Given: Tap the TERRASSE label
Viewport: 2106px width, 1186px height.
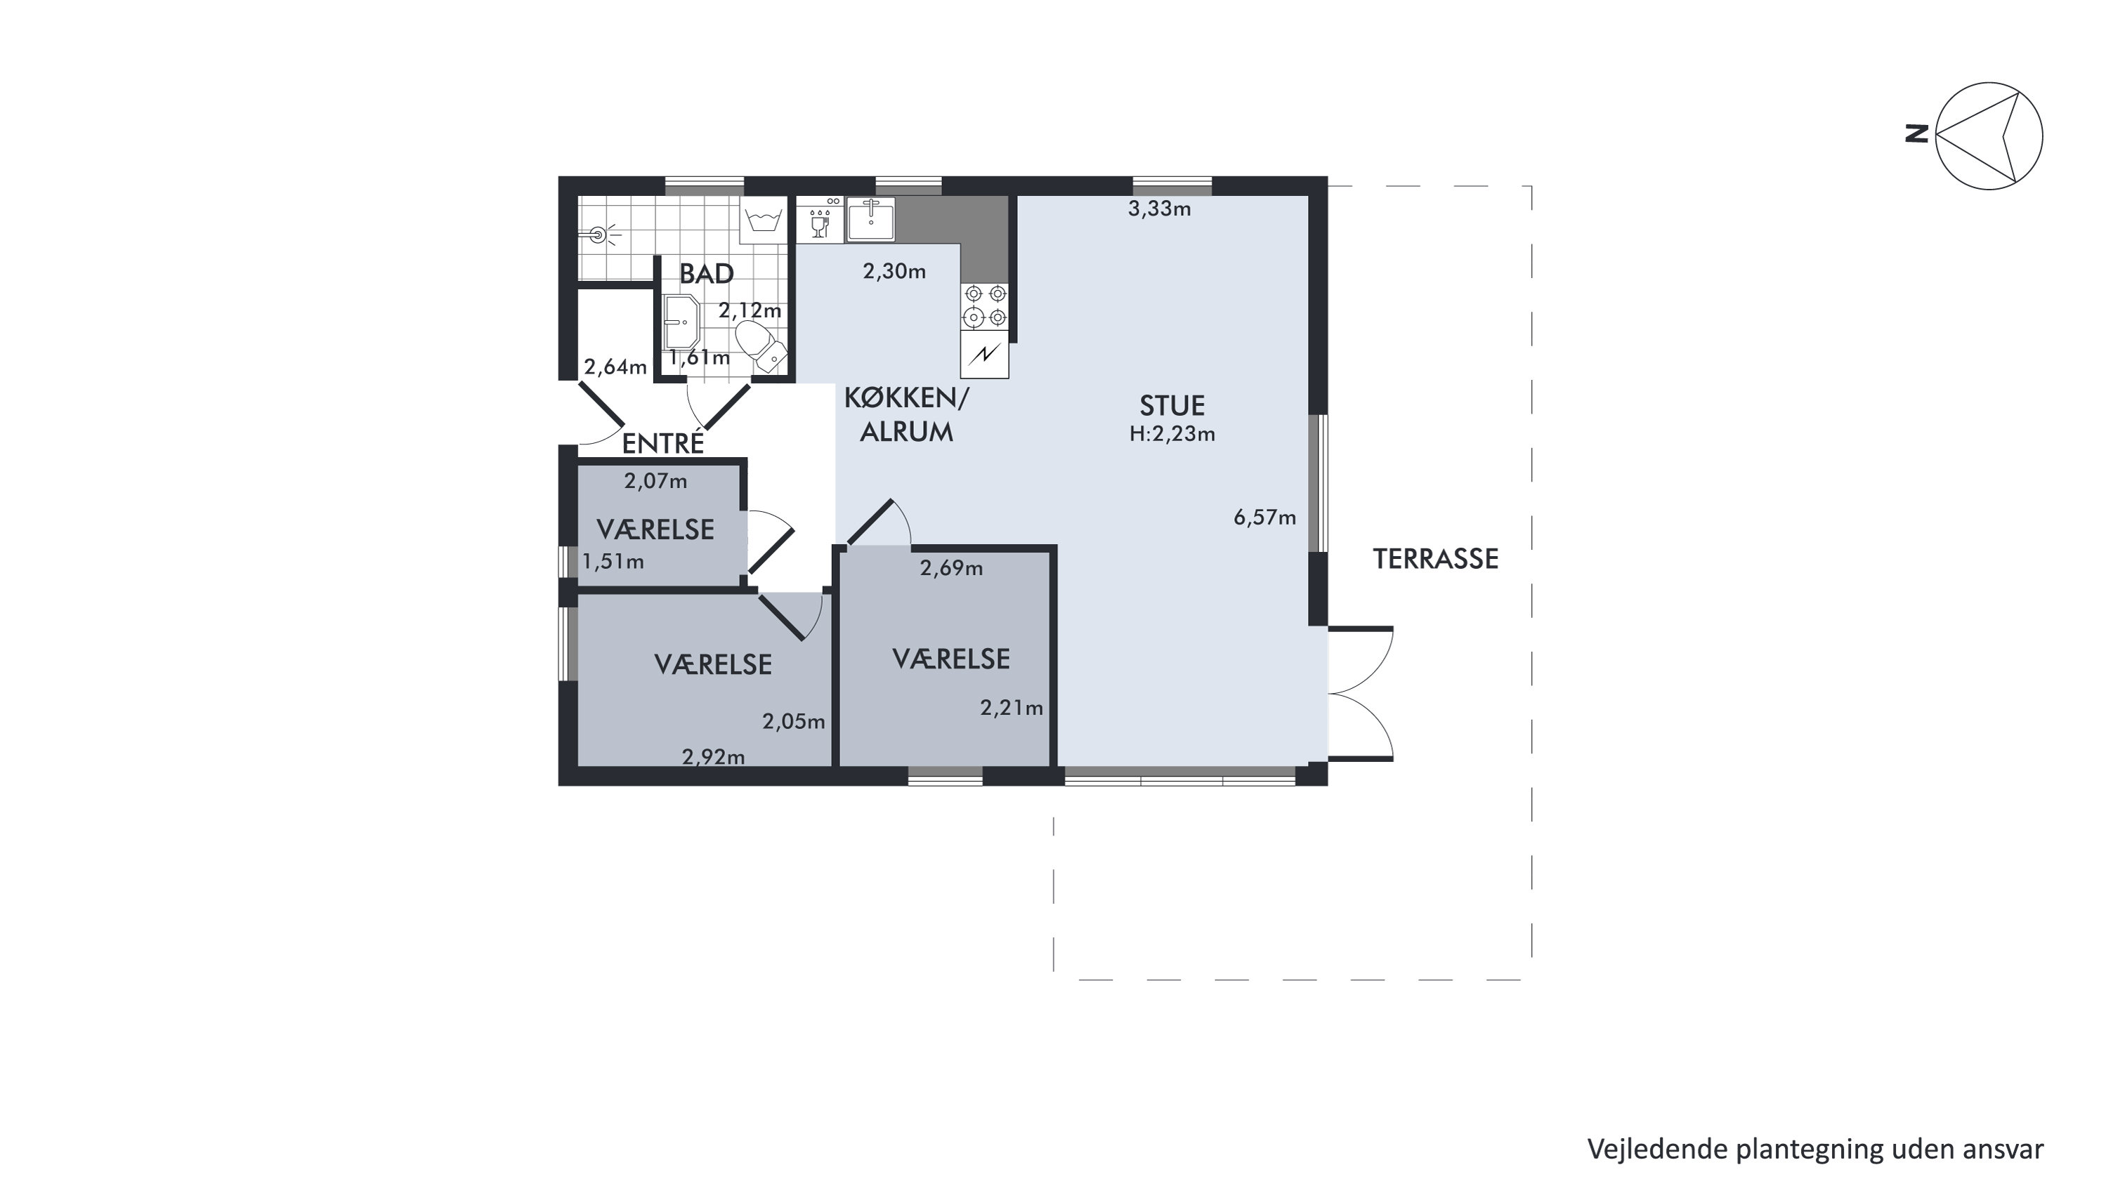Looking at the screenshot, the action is coord(1436,559).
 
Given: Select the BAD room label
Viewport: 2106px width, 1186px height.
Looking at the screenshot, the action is coord(707,274).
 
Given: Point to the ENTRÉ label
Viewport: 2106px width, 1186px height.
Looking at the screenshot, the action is coord(663,442).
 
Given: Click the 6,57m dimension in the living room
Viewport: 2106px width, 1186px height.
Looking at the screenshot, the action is coord(1264,518).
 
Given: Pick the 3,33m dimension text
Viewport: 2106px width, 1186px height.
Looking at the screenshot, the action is coord(1159,209).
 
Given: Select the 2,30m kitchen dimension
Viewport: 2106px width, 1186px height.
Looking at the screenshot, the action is coord(894,271).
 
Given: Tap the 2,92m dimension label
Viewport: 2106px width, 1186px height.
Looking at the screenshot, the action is coord(714,757).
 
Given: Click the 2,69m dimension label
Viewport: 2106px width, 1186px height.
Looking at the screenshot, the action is coord(951,568).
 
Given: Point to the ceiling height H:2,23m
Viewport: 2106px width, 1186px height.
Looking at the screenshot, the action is coord(1172,434).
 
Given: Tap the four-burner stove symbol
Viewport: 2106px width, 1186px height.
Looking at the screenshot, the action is coord(985,305).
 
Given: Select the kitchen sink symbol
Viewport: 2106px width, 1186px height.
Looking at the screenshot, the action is coord(870,218).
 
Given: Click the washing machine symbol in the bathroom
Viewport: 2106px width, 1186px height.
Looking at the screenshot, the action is coord(763,220).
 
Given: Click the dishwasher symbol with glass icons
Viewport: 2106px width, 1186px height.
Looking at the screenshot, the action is coord(820,219).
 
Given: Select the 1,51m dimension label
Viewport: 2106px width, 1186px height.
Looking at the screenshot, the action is coord(613,562).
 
